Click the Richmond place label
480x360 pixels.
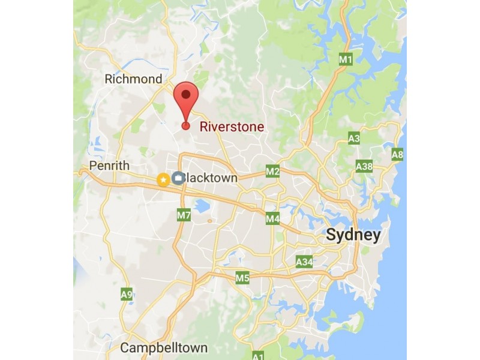(x=133, y=79)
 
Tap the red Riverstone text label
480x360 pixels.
(x=231, y=127)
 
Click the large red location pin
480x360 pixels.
(x=186, y=96)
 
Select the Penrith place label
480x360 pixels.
(x=109, y=165)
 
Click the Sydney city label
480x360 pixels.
(x=353, y=235)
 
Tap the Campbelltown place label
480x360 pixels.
(x=164, y=347)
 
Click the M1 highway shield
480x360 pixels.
(x=345, y=59)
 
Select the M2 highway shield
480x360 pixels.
(x=273, y=172)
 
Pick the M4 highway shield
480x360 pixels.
(x=273, y=219)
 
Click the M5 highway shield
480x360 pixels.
(x=242, y=278)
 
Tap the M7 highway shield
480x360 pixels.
(x=184, y=214)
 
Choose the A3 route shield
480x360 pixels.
(x=354, y=139)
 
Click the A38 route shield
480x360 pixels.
(x=364, y=166)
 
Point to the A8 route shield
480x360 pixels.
(x=397, y=154)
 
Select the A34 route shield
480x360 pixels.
(x=304, y=262)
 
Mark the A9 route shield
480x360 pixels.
(x=127, y=294)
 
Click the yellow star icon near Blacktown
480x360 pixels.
(x=163, y=179)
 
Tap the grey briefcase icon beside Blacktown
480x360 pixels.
(x=178, y=178)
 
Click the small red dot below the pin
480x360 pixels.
(x=186, y=125)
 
